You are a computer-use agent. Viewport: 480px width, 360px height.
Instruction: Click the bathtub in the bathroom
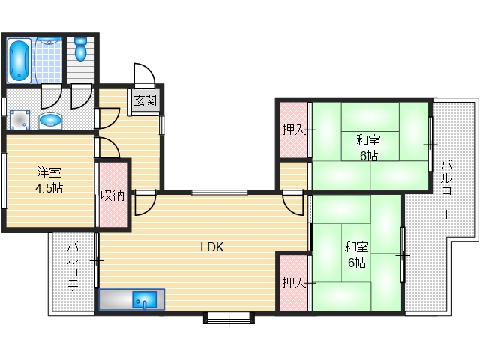[x=19, y=60]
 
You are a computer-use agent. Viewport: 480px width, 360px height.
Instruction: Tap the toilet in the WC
[x=81, y=49]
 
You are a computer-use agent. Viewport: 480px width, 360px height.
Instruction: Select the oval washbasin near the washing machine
[x=50, y=120]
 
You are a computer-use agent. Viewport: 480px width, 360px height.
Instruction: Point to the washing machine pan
[x=20, y=120]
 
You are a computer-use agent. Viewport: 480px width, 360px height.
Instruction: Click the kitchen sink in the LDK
[x=144, y=299]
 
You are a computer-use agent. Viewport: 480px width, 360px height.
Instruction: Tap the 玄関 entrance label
[x=145, y=100]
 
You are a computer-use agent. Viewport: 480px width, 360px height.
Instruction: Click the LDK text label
[x=212, y=247]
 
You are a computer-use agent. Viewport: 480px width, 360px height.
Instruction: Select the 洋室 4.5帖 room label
[x=49, y=180]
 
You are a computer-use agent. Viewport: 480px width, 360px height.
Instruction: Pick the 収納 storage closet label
[x=112, y=196]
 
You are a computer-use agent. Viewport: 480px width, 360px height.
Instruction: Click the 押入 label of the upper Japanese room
[x=294, y=130]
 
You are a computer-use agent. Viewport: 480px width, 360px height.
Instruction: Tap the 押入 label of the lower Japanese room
[x=294, y=282]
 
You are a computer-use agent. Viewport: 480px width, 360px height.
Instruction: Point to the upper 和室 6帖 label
[x=369, y=148]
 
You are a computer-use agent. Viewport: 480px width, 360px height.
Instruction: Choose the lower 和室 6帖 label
[x=357, y=255]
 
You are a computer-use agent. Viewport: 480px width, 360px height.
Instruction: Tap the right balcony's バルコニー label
[x=446, y=189]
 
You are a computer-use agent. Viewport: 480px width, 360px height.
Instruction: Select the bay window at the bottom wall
[x=229, y=318]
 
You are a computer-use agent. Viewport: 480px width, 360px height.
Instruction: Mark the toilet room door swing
[x=82, y=95]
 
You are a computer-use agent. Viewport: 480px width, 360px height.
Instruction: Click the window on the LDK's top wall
[x=220, y=193]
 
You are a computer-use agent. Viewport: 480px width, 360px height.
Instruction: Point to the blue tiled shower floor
[x=49, y=61]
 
